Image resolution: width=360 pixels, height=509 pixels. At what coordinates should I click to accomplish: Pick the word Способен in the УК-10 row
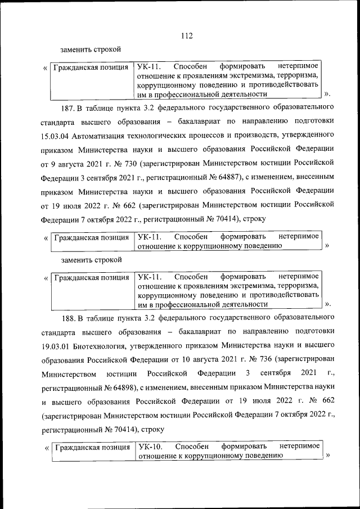pos(192,446)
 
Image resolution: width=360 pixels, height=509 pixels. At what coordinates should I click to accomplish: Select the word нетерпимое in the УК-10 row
pos(300,446)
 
